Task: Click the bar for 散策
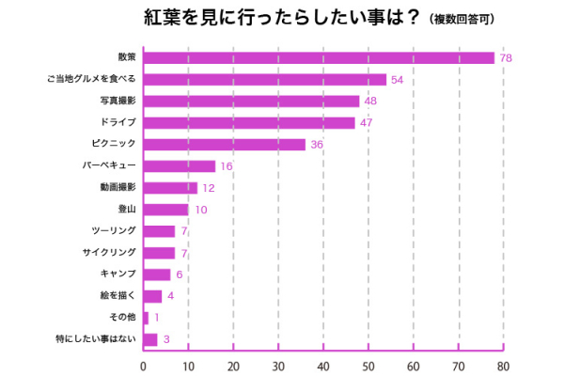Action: tap(319, 58)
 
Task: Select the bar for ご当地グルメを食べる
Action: tap(264, 80)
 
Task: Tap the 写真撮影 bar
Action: tap(251, 102)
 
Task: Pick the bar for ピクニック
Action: tap(224, 145)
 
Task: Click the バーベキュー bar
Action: tap(179, 166)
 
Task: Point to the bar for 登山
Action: tap(165, 210)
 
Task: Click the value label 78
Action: tap(507, 58)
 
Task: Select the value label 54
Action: tap(398, 80)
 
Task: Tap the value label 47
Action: tap(367, 123)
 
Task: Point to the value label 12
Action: tap(209, 188)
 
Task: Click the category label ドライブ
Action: tap(118, 123)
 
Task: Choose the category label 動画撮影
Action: tap(118, 188)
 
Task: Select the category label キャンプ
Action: tap(118, 274)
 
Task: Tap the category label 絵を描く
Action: tap(121, 296)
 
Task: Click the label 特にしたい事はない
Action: tap(98, 339)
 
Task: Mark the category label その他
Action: tap(124, 318)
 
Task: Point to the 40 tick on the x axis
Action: tap(323, 367)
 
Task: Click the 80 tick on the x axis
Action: tap(504, 367)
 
